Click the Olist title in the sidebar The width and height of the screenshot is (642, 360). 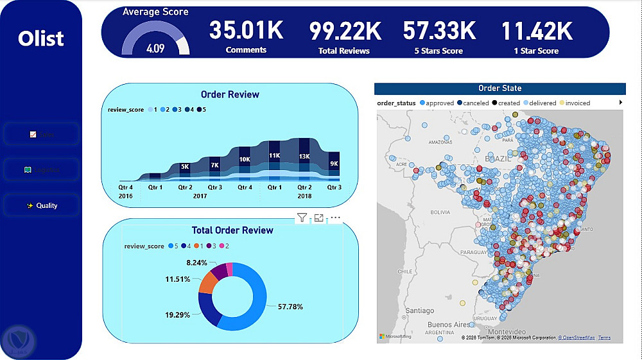click(41, 39)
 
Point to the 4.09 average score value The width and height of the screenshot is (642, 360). click(155, 48)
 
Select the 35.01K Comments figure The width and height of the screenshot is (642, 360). click(246, 31)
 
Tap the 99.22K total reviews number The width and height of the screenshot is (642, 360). click(344, 31)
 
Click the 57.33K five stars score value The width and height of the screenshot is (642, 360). click(439, 31)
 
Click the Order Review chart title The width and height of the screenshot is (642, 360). click(230, 94)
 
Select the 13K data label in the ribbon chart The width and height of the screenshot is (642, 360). click(304, 156)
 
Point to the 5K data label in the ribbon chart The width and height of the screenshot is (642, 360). click(185, 167)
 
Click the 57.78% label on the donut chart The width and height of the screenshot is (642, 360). click(290, 307)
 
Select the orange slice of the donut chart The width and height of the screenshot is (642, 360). click(208, 281)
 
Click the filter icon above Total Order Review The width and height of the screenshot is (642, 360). click(301, 218)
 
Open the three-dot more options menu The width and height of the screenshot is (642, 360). click(335, 218)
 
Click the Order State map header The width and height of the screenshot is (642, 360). click(499, 89)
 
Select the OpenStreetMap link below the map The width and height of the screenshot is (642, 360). click(577, 338)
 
